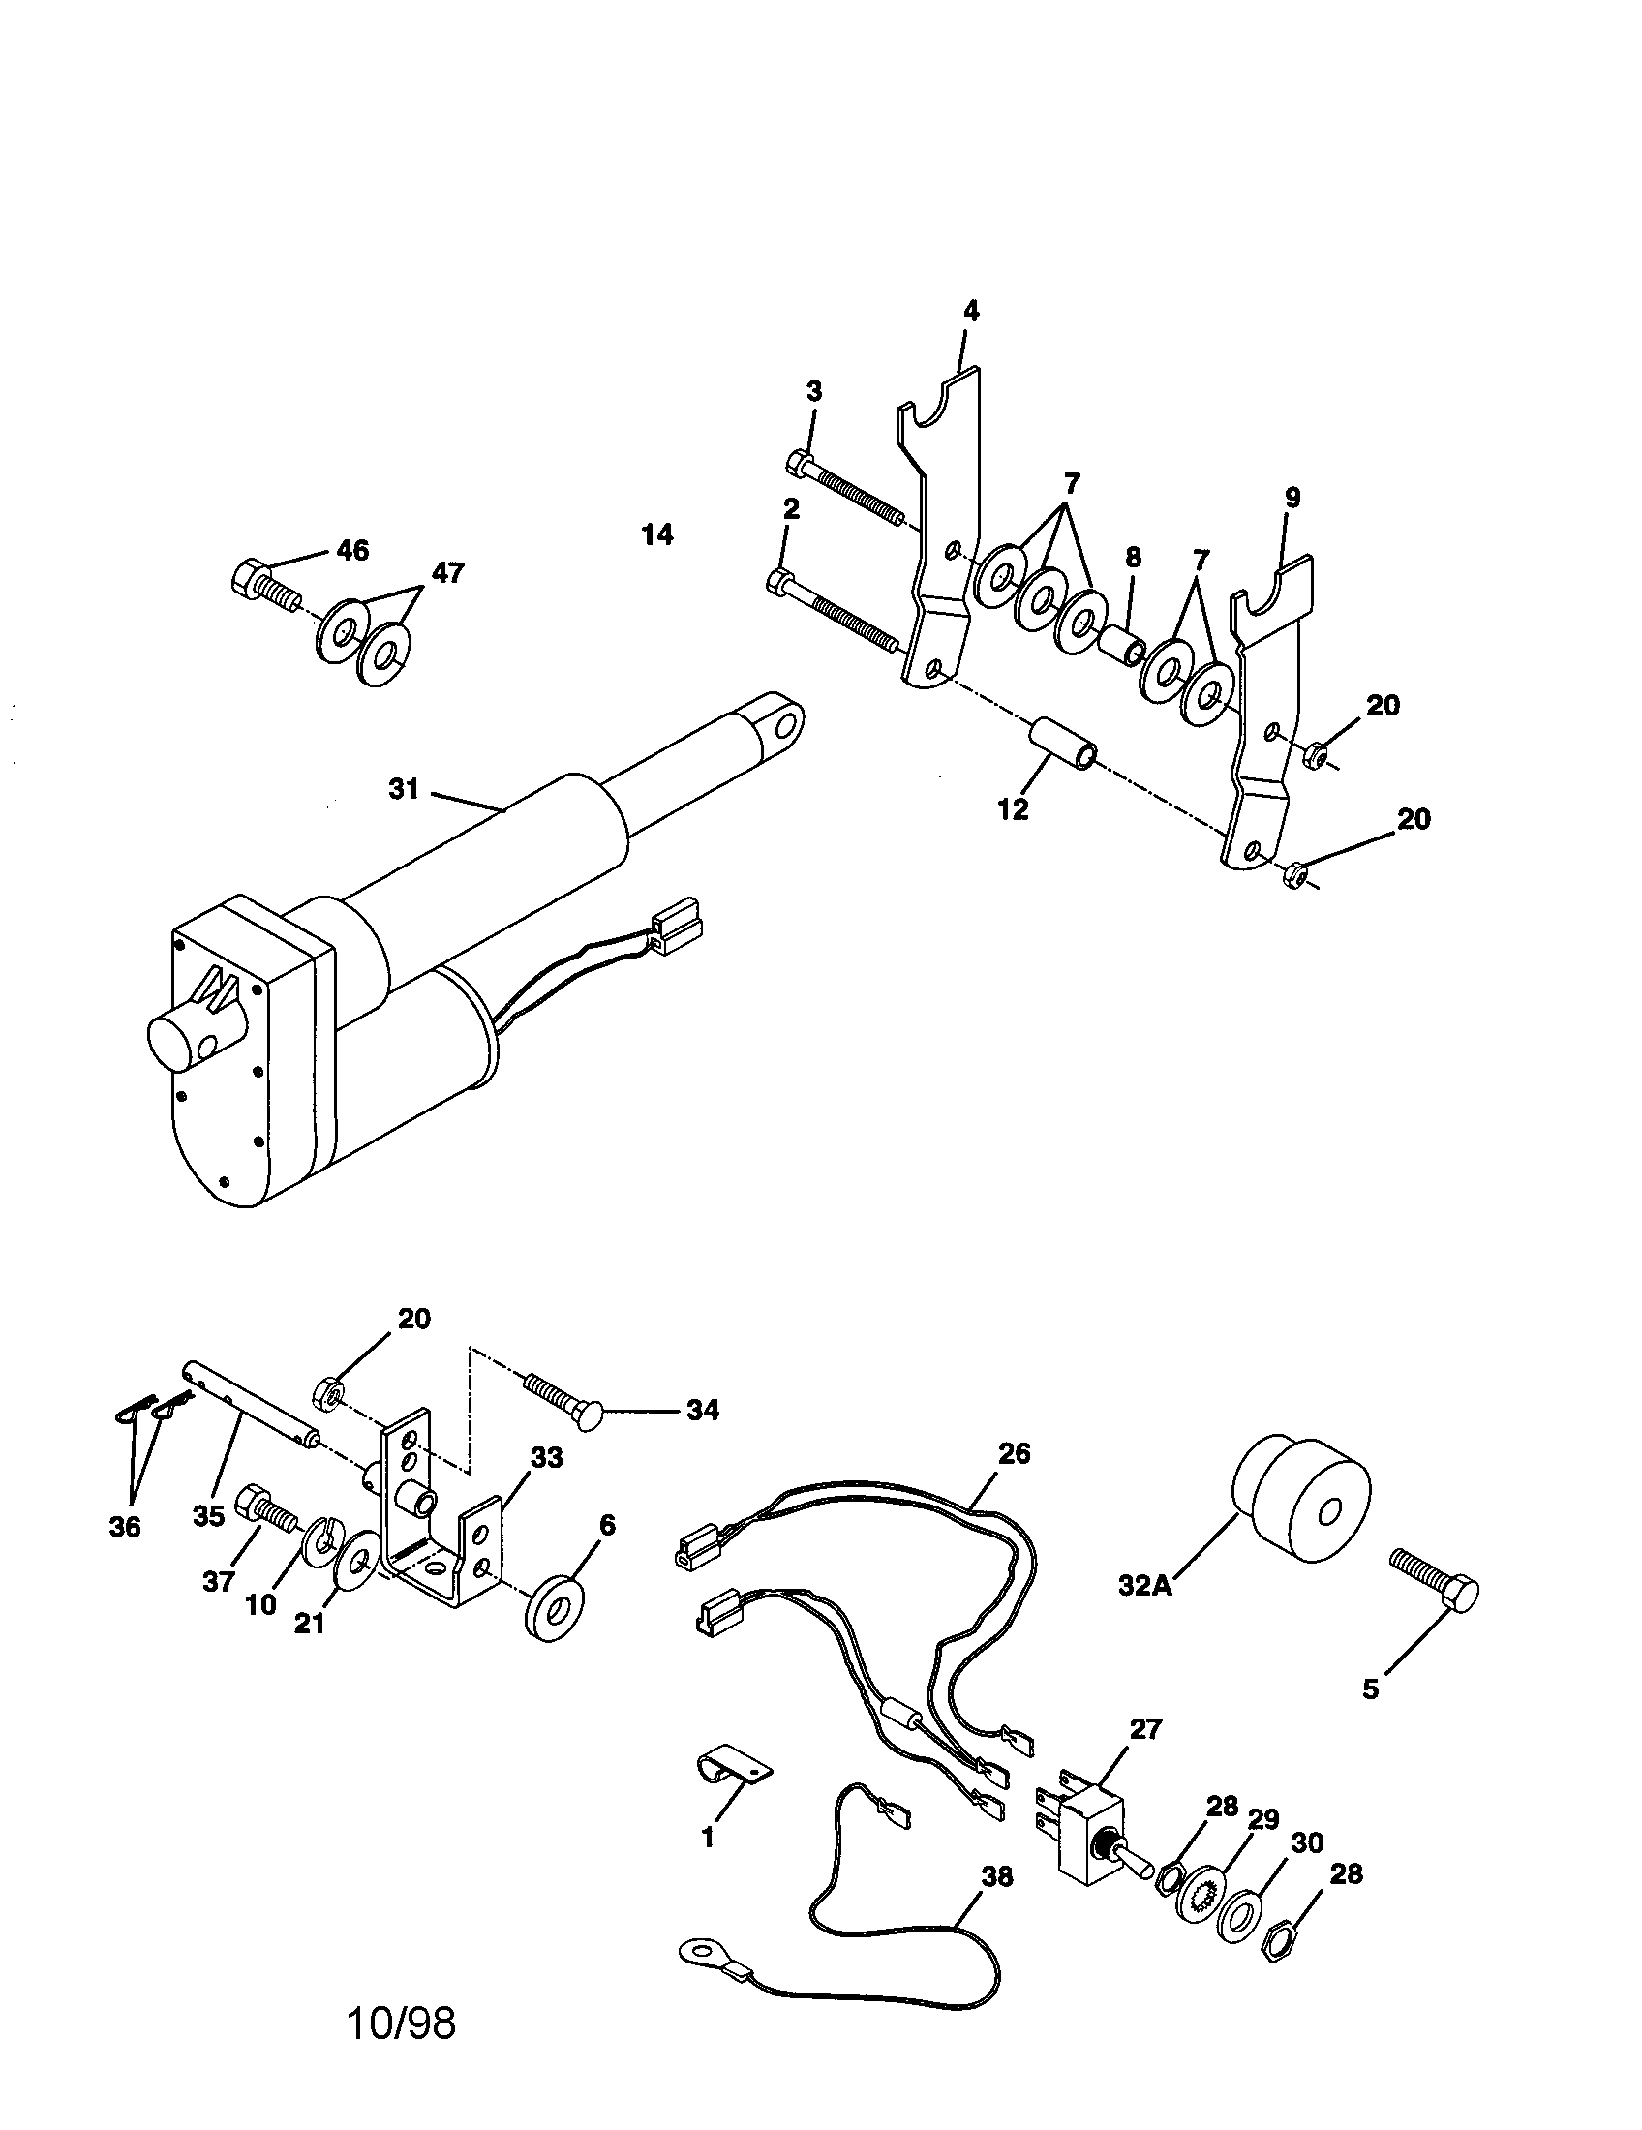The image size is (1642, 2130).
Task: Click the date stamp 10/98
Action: point(401,2023)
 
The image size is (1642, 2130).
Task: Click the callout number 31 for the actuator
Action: point(403,789)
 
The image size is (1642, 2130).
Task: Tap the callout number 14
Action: point(658,534)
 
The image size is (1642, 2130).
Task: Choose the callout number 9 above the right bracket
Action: point(1292,498)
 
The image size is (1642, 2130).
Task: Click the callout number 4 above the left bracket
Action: point(970,311)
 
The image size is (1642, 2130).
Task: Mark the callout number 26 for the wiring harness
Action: point(1014,1454)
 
